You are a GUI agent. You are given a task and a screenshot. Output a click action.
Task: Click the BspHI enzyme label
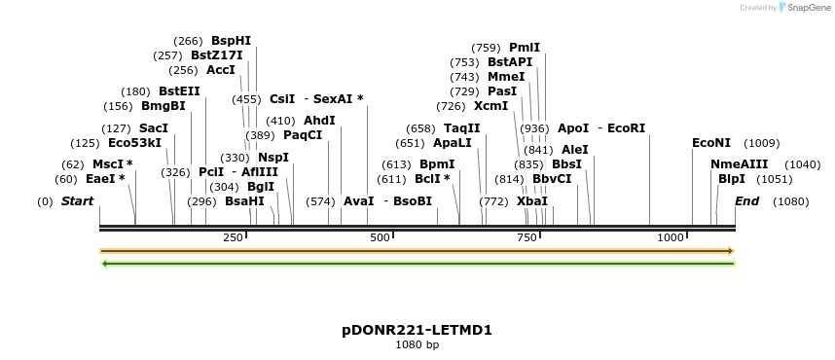coord(231,41)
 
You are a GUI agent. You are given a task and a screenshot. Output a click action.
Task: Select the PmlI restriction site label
coord(525,47)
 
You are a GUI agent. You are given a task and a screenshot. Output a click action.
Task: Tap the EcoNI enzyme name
coord(711,143)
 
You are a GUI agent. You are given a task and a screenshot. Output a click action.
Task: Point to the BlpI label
coord(732,179)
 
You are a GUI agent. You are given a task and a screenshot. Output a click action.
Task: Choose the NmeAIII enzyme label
coord(740,164)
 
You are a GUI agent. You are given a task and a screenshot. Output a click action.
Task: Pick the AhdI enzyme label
coord(319,121)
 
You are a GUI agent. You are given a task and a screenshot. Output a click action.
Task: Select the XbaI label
coord(532,201)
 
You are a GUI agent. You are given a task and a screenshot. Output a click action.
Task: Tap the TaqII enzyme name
coord(462,128)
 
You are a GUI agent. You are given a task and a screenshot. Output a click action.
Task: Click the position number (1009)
coord(762,143)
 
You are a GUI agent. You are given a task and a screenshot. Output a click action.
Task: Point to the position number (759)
coord(486,47)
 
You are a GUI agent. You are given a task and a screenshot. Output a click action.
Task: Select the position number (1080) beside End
coord(791,201)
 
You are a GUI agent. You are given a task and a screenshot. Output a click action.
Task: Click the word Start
coord(78,201)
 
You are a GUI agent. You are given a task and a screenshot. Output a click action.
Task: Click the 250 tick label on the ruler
coord(234,237)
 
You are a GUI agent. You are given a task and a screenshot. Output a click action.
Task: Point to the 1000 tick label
coord(671,237)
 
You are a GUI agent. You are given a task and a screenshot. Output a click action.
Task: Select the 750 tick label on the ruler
coord(526,237)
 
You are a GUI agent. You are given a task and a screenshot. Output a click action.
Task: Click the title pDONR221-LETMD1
coord(417,330)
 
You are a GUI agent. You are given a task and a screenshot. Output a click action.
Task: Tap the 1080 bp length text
coord(417,344)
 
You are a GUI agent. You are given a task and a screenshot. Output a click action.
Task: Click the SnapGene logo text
coord(805,8)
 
